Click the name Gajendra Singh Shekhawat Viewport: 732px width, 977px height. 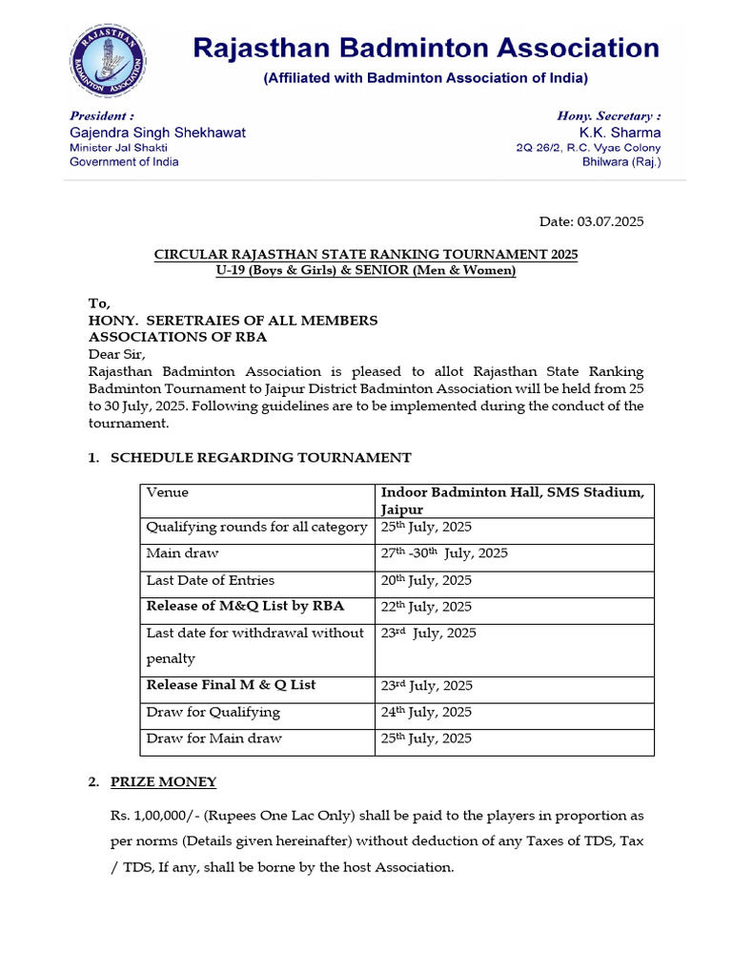coord(157,133)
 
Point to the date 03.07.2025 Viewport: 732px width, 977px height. coord(610,221)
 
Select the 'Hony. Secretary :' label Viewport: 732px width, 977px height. coord(608,115)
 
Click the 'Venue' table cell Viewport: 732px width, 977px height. coord(168,492)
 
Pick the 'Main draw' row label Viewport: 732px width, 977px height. coord(182,553)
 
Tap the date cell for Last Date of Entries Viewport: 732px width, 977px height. coord(426,580)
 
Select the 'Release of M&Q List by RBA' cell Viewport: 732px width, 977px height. coord(245,606)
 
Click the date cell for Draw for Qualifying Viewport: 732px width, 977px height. coord(426,712)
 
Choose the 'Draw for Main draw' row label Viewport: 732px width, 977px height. coord(213,738)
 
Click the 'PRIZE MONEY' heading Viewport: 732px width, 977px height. coord(163,781)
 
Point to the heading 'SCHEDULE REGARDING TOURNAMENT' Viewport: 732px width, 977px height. coord(261,458)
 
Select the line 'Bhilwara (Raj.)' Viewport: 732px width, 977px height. coord(621,162)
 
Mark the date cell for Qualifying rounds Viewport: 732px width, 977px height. coord(426,527)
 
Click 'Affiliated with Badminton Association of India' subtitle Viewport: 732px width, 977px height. coord(425,77)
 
